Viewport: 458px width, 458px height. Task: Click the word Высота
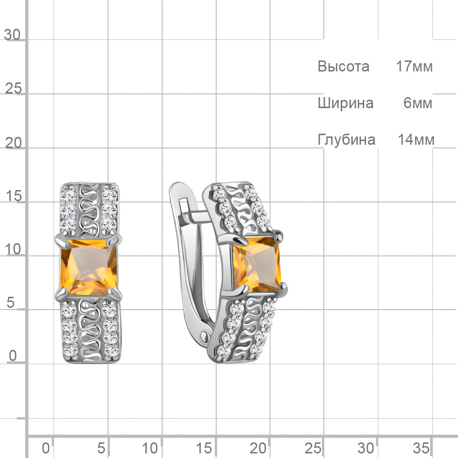pyautogui.click(x=343, y=66)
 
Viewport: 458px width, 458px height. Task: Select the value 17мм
pyautogui.click(x=414, y=66)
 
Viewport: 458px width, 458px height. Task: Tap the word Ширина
pyautogui.click(x=345, y=104)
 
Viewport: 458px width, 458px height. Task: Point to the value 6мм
pyautogui.click(x=418, y=103)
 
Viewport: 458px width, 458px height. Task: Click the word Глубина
pyautogui.click(x=346, y=140)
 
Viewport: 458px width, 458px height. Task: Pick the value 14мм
pyautogui.click(x=416, y=140)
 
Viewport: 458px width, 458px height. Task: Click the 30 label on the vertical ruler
pyautogui.click(x=12, y=35)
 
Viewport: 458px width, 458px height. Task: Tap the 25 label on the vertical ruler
pyautogui.click(x=13, y=88)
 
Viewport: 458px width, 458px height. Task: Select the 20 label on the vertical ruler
pyautogui.click(x=13, y=143)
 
